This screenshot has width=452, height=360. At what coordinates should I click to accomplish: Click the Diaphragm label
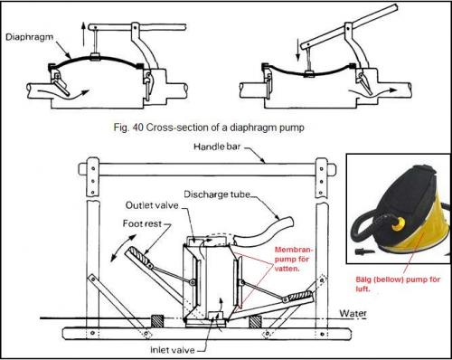pos(29,37)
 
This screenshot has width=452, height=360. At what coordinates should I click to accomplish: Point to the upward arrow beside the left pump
pos(83,33)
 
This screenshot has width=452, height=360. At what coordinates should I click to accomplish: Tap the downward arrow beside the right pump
pos(298,49)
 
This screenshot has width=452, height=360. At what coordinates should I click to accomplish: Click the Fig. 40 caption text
pos(209,128)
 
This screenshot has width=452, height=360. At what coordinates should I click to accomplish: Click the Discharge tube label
pos(217,194)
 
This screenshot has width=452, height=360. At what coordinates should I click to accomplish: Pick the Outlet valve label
pos(152,205)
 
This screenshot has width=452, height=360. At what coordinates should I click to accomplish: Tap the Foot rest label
pos(142,223)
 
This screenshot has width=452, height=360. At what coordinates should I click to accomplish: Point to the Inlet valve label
pos(173,350)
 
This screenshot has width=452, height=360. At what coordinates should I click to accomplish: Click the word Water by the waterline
pos(353,313)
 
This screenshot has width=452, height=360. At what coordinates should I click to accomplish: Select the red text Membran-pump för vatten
pos(293,259)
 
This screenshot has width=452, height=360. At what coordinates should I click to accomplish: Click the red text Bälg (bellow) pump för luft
pos(398,284)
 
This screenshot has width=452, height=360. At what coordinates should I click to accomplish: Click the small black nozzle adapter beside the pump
pos(364,251)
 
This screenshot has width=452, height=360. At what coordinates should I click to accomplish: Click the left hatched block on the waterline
pos(157,321)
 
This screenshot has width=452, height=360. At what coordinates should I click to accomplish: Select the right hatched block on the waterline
pos(256,322)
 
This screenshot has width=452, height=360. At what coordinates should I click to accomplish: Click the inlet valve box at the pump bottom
pos(216,316)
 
